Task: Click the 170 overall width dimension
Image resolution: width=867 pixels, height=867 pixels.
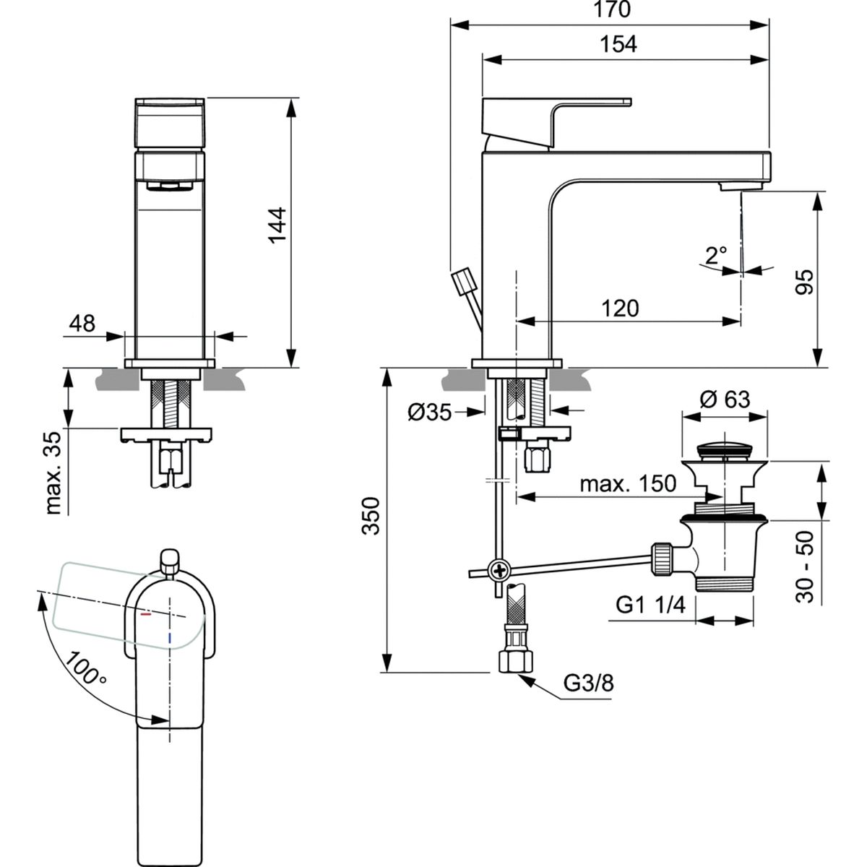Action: (x=612, y=10)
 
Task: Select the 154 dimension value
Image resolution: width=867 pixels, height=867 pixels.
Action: (x=618, y=44)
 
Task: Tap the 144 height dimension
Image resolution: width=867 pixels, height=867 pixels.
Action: (x=278, y=225)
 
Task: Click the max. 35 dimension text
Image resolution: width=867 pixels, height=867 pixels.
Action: (x=55, y=470)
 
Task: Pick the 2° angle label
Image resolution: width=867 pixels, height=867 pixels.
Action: (x=715, y=255)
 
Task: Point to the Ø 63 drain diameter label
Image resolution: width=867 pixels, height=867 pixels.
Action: (x=725, y=399)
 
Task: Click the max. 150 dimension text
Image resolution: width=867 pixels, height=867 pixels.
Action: (x=627, y=483)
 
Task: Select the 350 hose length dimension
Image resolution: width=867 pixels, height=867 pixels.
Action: (x=370, y=515)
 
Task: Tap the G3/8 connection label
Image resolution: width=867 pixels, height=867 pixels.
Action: (x=590, y=683)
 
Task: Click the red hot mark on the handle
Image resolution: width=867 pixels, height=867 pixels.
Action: (x=147, y=616)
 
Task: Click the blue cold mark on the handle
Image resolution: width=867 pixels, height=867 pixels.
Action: (x=169, y=637)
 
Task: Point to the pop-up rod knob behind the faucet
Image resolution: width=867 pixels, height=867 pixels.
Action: (x=460, y=280)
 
